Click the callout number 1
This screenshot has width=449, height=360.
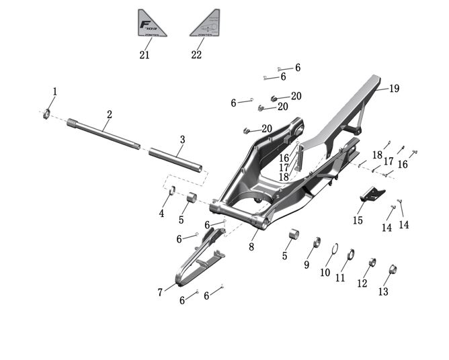click(x=55, y=91)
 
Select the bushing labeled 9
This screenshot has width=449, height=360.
click(x=315, y=242)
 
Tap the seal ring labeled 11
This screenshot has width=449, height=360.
click(x=350, y=254)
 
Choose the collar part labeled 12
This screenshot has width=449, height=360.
click(x=371, y=263)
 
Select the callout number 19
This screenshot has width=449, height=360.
click(x=394, y=88)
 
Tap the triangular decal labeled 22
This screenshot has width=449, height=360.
click(x=206, y=24)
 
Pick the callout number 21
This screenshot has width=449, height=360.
click(x=145, y=54)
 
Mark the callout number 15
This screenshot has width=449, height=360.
click(x=358, y=220)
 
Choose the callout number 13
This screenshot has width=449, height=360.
click(x=383, y=291)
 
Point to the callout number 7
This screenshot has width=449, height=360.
click(x=160, y=292)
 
